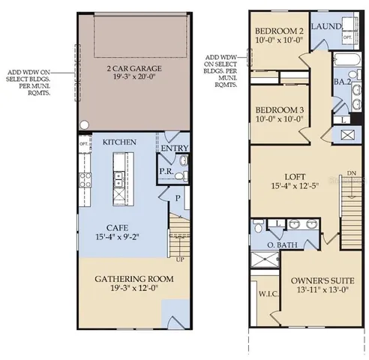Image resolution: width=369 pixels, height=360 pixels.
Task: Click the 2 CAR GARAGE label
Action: (x=134, y=68)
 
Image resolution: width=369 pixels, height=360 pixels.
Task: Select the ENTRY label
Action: (x=174, y=148)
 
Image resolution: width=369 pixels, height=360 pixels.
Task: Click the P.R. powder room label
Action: (x=166, y=170)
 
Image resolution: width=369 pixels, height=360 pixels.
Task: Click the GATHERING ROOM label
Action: (x=133, y=278)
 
